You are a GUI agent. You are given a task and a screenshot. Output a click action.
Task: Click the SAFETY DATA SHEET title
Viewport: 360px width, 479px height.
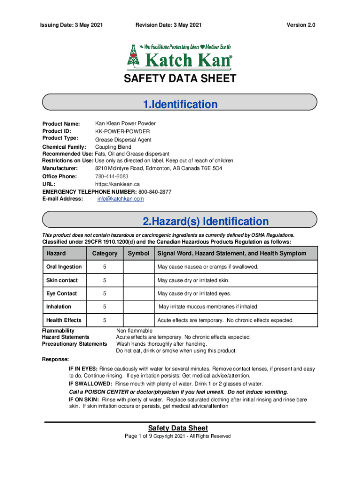(180, 79)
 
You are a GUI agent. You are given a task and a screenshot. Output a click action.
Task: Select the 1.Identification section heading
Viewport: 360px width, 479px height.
(180, 104)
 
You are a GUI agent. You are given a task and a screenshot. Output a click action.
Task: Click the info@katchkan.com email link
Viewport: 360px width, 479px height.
(121, 199)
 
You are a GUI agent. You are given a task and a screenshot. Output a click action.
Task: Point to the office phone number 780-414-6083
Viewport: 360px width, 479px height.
(112, 176)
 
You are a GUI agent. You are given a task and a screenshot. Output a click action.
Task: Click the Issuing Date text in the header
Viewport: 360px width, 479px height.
(72, 25)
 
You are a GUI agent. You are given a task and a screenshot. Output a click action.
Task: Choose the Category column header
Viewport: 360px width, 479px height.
(105, 254)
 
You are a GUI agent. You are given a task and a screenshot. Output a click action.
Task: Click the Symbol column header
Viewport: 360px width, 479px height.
(138, 254)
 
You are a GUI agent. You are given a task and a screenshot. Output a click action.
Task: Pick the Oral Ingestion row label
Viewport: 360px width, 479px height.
(64, 267)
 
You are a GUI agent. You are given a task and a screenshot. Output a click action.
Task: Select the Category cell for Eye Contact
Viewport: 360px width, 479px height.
(105, 294)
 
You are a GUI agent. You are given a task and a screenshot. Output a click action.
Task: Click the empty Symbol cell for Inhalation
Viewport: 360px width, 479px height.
(138, 307)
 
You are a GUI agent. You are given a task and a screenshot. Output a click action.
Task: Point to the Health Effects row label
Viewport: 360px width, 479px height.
(64, 320)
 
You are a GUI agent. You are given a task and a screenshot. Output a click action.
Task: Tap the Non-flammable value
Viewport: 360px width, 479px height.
(134, 331)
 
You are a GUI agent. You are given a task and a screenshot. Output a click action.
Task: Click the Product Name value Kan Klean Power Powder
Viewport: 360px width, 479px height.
(125, 123)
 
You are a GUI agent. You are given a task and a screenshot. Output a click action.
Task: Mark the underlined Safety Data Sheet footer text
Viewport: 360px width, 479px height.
(178, 428)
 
